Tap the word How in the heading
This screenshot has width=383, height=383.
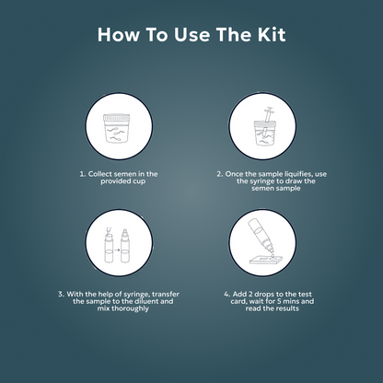tap(119, 35)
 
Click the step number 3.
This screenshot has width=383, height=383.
tap(60, 294)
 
